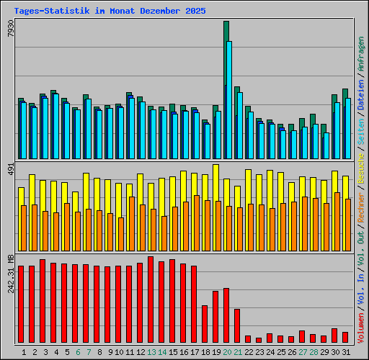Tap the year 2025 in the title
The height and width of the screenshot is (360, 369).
[x=195, y=12]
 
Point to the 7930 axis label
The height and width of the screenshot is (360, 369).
[x=11, y=32]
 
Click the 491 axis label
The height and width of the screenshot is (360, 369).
[x=11, y=169]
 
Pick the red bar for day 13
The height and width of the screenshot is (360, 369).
[x=151, y=299]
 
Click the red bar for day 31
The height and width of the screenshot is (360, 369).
[x=345, y=337]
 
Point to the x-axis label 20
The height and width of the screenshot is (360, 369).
[x=227, y=352]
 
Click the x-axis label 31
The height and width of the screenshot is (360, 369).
[x=346, y=352]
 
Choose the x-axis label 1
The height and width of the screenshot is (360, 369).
[x=25, y=352]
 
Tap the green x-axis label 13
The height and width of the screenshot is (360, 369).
[x=151, y=352]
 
